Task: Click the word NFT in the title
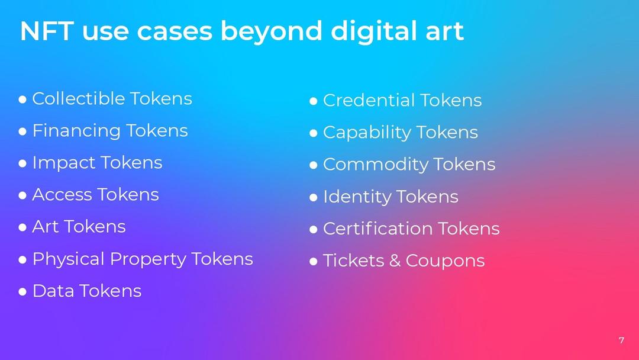47,31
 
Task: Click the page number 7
621,340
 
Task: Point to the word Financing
76,131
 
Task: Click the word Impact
63,163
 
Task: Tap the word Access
62,194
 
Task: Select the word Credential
369,100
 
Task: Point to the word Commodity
375,165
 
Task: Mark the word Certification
377,229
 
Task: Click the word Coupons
445,261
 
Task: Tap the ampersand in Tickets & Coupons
395,261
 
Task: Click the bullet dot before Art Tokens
22,227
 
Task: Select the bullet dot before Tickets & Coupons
314,261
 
